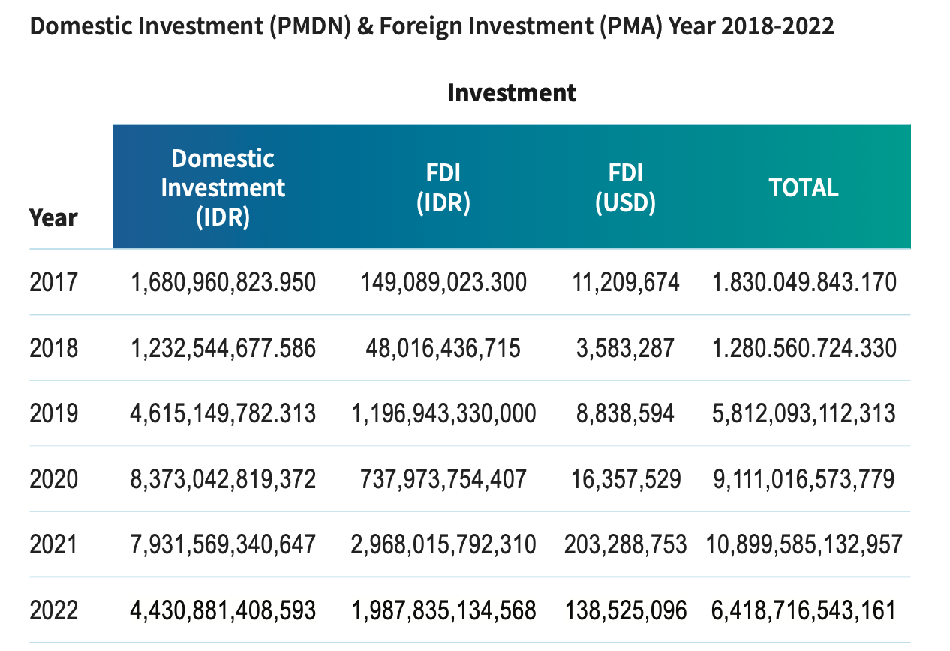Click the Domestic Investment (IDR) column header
(223, 187)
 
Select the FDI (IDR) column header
(443, 187)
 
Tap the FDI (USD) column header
(625, 187)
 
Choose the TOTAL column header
(803, 187)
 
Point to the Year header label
(53, 218)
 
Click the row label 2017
(53, 282)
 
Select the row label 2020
(53, 478)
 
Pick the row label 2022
(53, 610)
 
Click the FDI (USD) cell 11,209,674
(625, 282)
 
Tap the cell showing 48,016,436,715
(443, 348)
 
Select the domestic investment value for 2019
(223, 413)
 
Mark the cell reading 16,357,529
(625, 478)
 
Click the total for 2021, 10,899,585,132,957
(804, 544)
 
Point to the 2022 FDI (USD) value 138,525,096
(625, 610)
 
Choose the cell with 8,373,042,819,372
(223, 478)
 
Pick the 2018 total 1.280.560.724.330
(804, 348)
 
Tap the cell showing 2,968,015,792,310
(443, 544)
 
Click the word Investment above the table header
(511, 93)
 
